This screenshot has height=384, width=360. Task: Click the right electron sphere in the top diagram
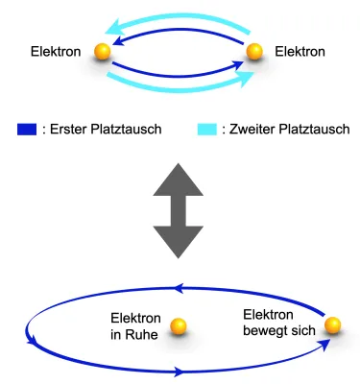[254, 52]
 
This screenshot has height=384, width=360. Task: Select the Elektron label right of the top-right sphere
[300, 52]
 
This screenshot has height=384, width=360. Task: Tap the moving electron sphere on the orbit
[332, 326]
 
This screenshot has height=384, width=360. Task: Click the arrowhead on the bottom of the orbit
[181, 370]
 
